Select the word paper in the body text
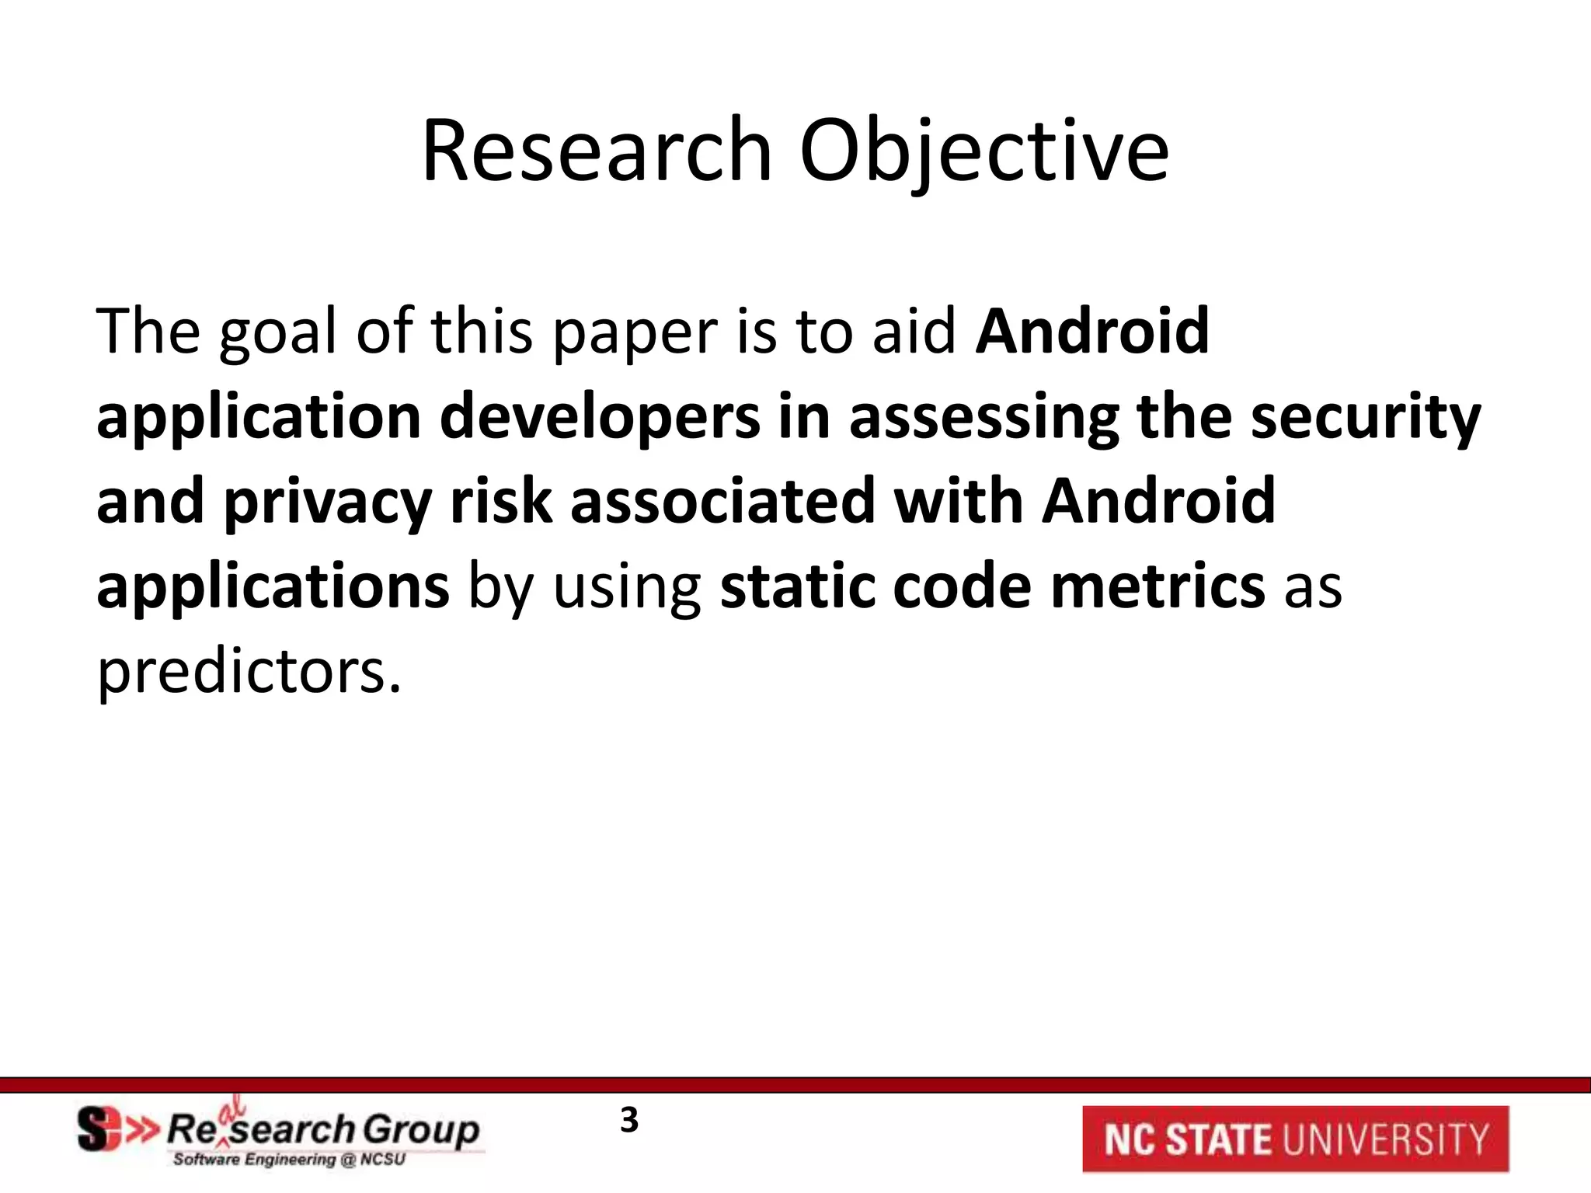click(x=635, y=332)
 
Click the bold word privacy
click(x=327, y=503)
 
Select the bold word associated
click(x=722, y=503)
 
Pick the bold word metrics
click(x=1158, y=586)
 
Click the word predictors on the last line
click(x=249, y=671)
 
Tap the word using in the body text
click(x=627, y=588)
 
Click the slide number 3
click(x=629, y=1121)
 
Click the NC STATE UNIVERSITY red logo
click(x=1295, y=1139)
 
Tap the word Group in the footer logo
click(x=421, y=1129)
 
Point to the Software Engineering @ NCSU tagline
click(x=289, y=1160)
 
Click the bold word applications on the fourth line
click(x=273, y=588)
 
